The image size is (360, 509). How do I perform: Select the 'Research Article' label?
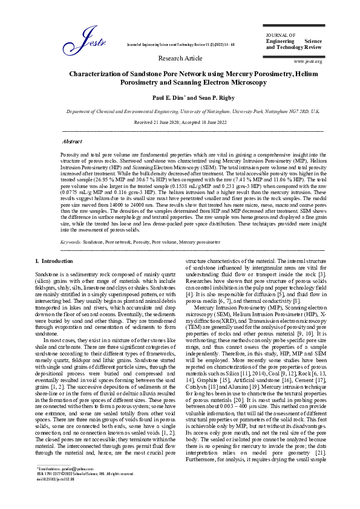(180, 58)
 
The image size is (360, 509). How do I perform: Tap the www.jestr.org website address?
(307, 61)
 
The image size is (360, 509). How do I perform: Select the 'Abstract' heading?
(72, 141)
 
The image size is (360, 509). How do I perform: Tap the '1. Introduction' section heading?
(54, 261)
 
